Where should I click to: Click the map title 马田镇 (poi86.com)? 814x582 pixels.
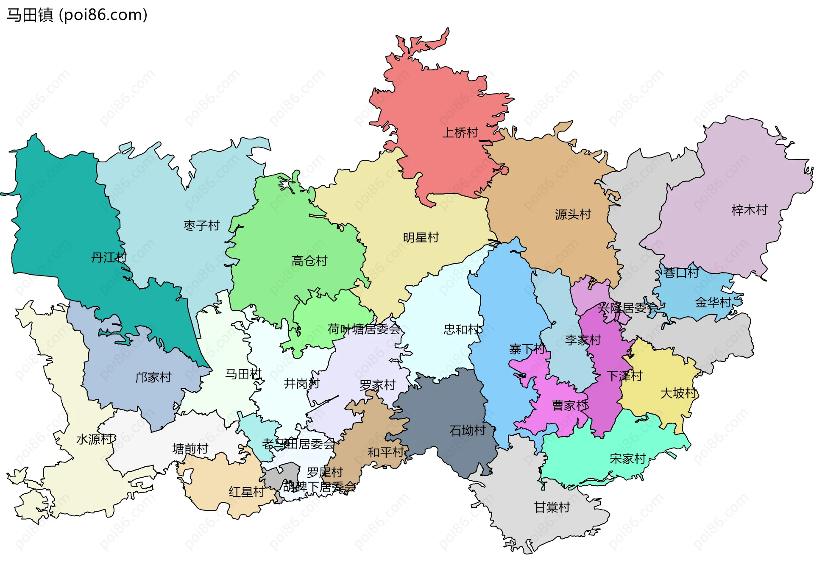(77, 15)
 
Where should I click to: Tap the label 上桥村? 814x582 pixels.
(460, 133)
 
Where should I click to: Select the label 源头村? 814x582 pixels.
(573, 214)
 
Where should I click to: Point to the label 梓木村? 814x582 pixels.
(749, 210)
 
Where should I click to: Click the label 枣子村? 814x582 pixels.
(201, 226)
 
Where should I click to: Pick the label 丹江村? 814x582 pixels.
(109, 257)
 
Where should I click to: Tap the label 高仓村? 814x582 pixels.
(309, 261)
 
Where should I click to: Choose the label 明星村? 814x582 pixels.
(421, 238)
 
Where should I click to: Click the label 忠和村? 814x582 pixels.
(462, 329)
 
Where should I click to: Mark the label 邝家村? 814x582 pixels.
(153, 377)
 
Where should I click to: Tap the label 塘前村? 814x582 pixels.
(190, 449)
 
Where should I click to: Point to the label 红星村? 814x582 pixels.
(246, 492)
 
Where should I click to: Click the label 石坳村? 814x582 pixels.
(468, 431)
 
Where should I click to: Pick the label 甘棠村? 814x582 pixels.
(552, 507)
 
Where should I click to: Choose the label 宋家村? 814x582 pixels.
(627, 459)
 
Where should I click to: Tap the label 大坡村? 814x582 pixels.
(678, 393)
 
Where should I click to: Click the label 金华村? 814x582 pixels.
(713, 303)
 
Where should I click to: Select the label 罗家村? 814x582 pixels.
(377, 385)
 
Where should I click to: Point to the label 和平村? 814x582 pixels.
(386, 452)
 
